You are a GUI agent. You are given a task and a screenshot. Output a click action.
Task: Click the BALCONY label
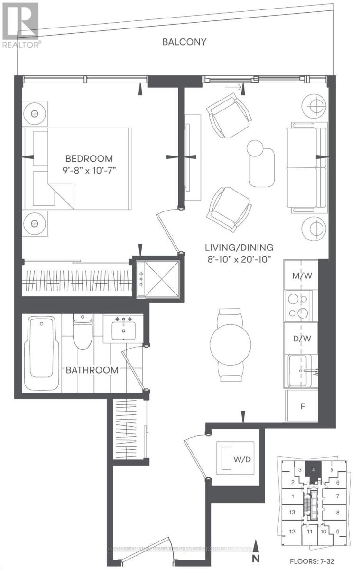[185, 42]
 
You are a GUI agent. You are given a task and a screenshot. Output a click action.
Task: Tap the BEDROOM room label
[89, 158]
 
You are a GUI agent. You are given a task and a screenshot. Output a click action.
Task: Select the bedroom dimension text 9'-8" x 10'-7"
[89, 171]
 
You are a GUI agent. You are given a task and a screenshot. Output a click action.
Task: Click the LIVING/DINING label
[239, 247]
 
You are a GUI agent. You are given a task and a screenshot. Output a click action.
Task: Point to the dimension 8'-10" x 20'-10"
[239, 258]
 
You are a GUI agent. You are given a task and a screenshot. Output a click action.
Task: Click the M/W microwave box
[301, 275]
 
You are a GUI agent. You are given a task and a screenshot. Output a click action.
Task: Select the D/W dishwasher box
[301, 339]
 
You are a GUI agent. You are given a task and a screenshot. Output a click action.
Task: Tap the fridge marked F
[302, 406]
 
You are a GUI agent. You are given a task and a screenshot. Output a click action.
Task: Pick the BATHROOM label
[92, 370]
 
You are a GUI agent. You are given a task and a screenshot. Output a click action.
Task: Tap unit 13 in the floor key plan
[293, 512]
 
